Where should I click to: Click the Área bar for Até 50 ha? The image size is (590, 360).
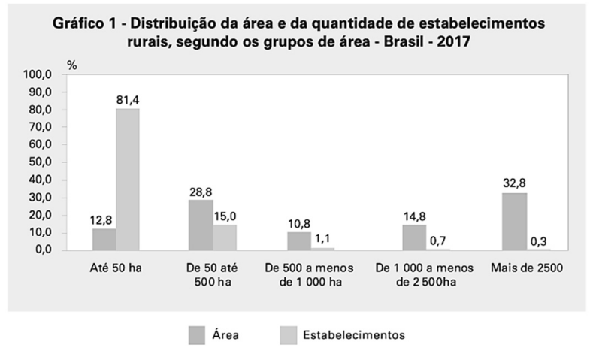click(x=104, y=239)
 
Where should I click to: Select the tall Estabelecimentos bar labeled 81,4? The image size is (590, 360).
click(x=128, y=179)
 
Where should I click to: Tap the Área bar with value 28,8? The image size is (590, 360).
click(x=201, y=225)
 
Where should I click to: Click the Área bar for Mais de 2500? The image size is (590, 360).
click(x=514, y=221)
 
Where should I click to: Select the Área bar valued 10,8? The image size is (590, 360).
click(x=299, y=241)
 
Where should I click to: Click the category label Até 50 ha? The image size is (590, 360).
click(x=116, y=268)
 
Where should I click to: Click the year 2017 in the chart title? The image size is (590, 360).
click(x=450, y=43)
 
